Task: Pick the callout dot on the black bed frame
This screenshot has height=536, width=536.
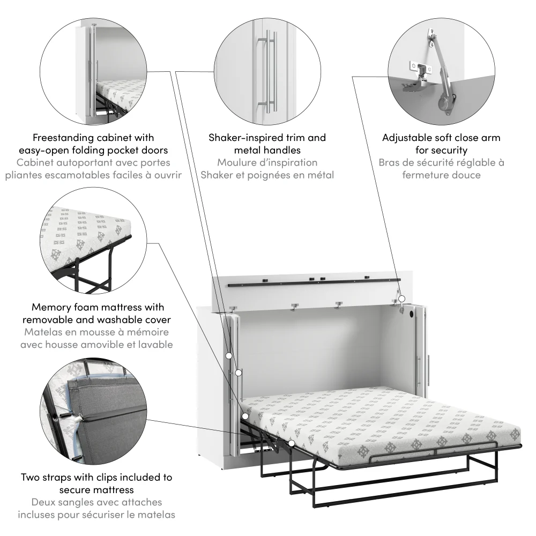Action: click(292, 443)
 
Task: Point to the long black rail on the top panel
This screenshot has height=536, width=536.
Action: click(314, 282)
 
